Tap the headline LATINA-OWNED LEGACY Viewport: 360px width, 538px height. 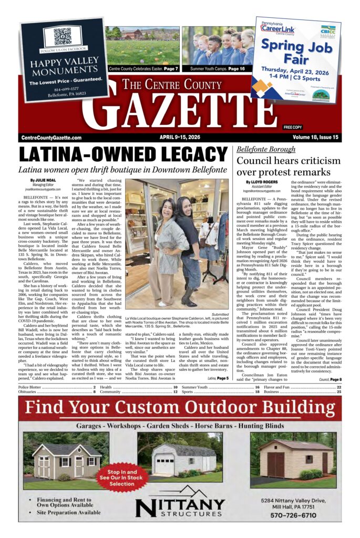pyautogui.click(x=124, y=154)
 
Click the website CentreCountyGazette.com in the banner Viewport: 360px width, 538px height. pyautogui.click(x=52, y=138)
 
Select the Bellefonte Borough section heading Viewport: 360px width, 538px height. pyautogui.click(x=266, y=149)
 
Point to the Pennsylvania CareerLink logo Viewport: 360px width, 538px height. pyautogui.click(x=279, y=27)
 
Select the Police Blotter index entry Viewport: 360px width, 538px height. pyautogui.click(x=33, y=387)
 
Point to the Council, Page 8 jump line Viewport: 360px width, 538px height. pyautogui.click(x=330, y=379)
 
